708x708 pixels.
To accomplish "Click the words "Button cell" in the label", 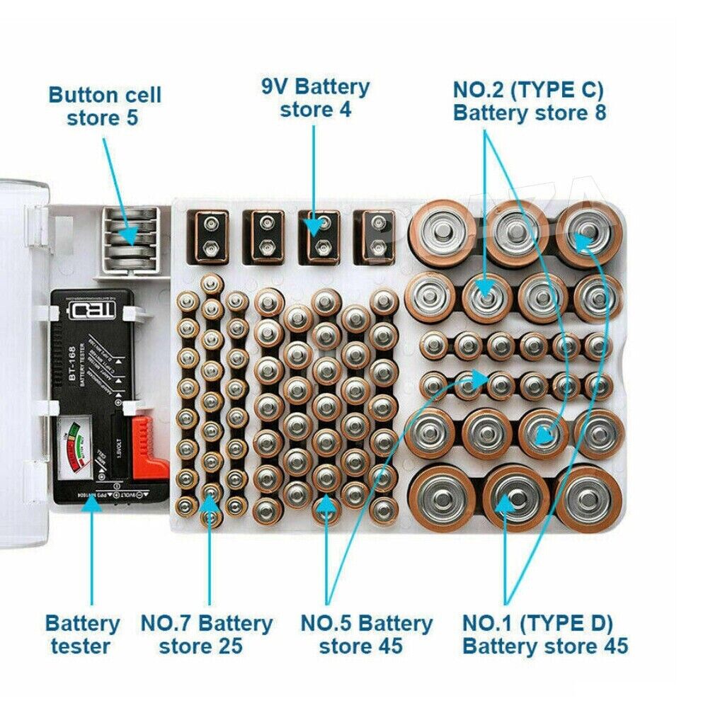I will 105,95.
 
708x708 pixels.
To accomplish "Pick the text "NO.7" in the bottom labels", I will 166,624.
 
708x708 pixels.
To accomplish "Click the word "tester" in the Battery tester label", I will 82,646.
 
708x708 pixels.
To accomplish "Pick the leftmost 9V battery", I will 209,237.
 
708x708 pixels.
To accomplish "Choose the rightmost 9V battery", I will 374,237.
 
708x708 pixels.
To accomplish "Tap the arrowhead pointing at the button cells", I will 129,233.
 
